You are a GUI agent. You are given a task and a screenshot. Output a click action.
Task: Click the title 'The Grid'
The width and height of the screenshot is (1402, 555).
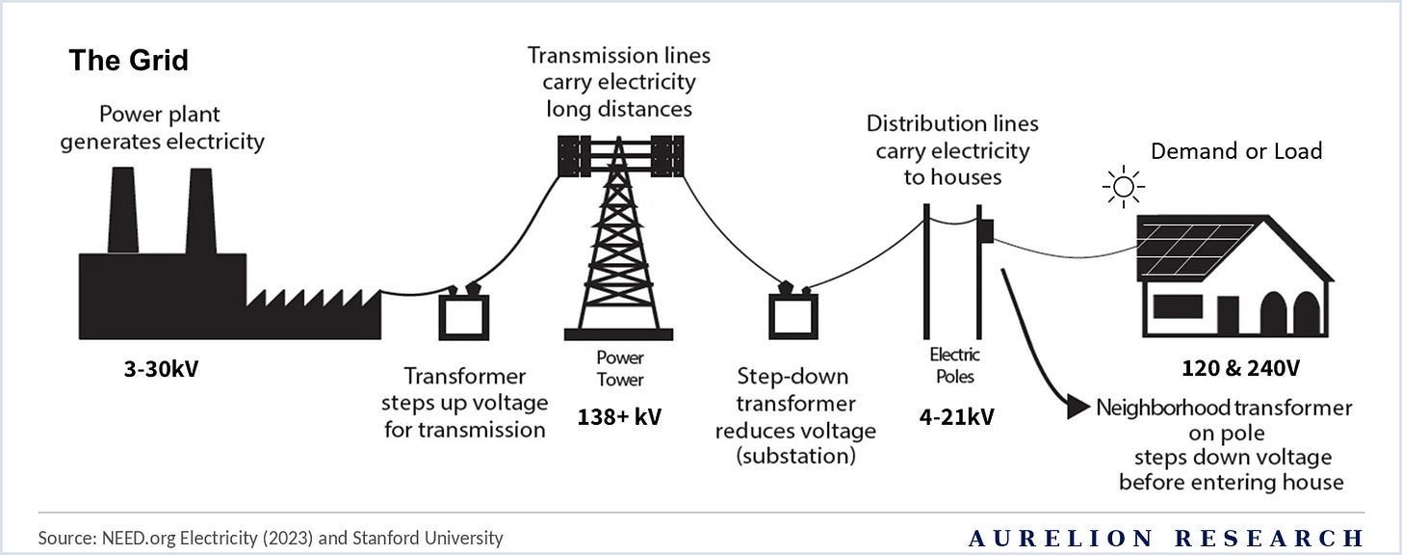tap(128, 62)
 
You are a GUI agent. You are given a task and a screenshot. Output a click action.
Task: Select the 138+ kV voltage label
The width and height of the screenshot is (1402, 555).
tap(620, 418)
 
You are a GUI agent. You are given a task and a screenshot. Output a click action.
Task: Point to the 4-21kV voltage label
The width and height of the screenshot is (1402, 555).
tap(955, 417)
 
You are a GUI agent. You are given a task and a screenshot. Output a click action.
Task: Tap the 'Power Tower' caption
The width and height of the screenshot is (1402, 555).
tap(620, 368)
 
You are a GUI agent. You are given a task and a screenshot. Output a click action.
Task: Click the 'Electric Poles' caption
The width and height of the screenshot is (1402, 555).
tap(952, 364)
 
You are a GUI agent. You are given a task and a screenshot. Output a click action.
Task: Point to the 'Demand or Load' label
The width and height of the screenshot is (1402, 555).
tap(1236, 151)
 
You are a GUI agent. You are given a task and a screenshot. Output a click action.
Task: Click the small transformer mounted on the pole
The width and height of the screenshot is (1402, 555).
tap(986, 231)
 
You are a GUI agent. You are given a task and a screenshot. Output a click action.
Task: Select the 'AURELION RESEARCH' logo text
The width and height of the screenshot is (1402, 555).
tap(1165, 538)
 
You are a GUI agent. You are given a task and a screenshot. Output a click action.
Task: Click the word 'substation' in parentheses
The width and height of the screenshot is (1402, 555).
tap(795, 456)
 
